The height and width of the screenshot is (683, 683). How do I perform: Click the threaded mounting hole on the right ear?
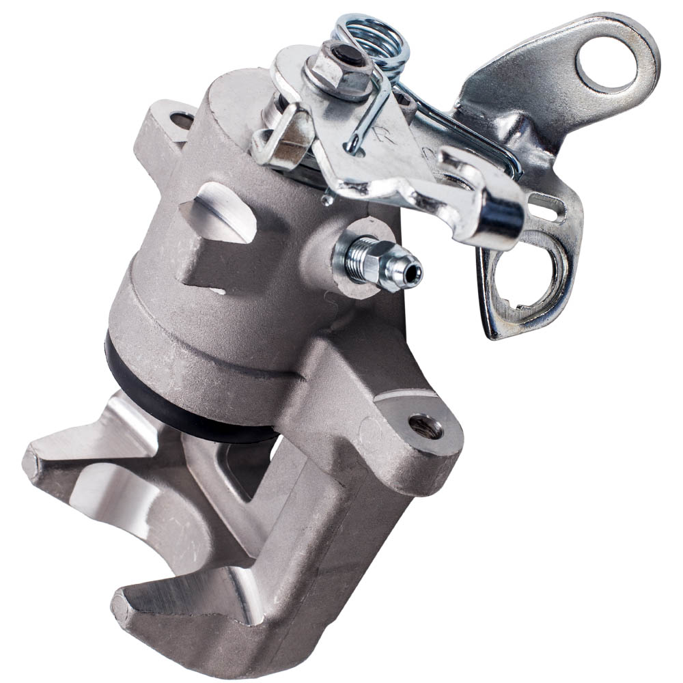click(425, 427)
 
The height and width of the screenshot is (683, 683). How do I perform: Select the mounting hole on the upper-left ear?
click(182, 121)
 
